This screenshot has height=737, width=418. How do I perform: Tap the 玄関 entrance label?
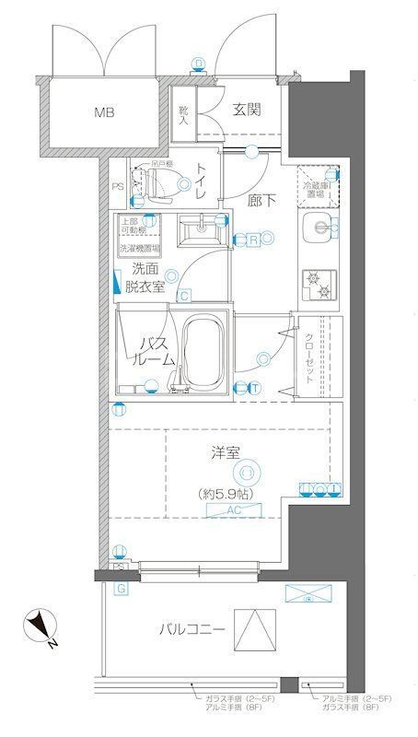pyautogui.click(x=246, y=111)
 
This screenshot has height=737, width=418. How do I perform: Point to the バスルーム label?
pyautogui.click(x=154, y=351)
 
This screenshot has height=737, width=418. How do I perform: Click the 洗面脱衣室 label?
pyautogui.click(x=147, y=276)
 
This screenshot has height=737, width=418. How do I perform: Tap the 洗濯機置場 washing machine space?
pyautogui.click(x=139, y=248)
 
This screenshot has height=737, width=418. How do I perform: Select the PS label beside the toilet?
pyautogui.click(x=116, y=189)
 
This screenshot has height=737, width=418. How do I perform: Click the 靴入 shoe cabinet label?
pyautogui.click(x=183, y=113)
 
